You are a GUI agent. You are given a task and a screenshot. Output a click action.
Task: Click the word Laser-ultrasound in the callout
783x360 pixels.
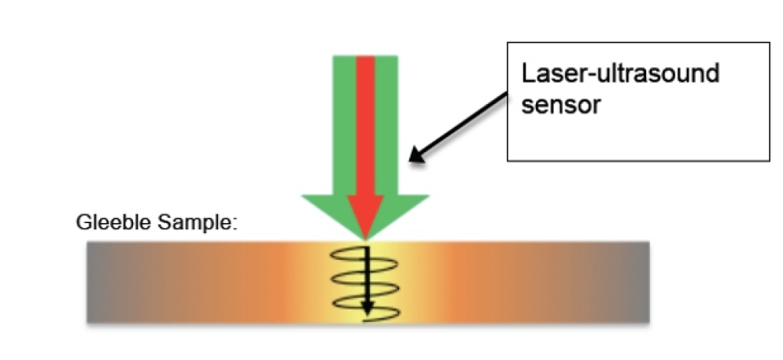pos(620,75)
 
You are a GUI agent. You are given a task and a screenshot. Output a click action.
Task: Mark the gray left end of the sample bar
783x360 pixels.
pos(103,282)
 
